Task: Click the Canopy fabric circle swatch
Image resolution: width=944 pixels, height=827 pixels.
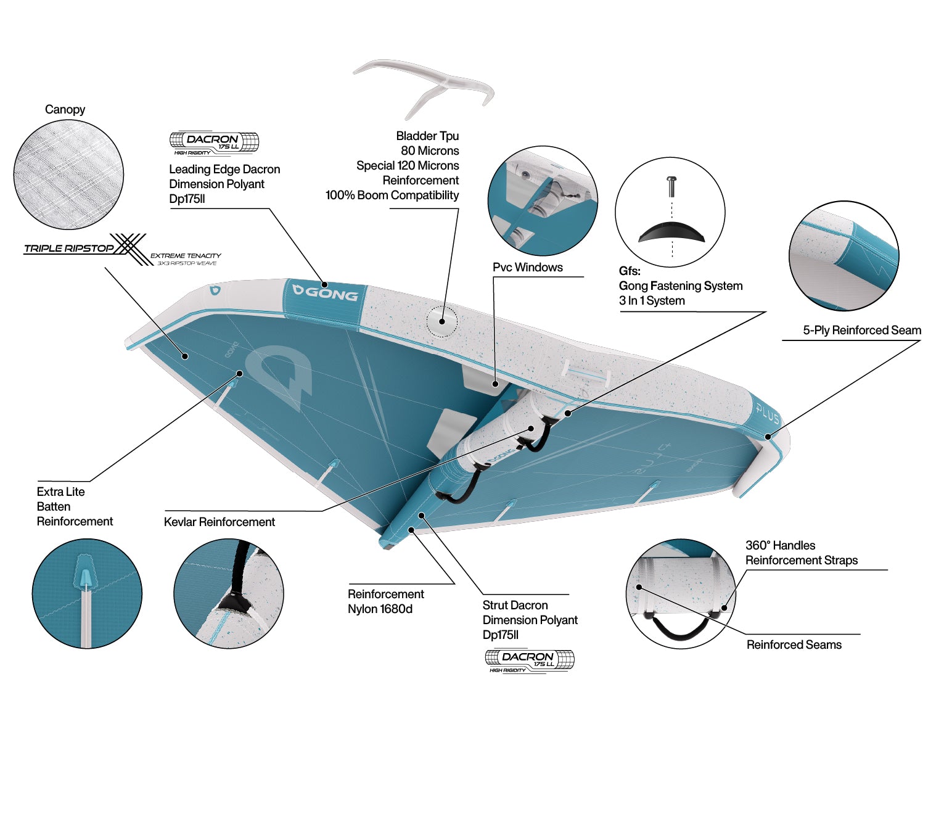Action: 68,174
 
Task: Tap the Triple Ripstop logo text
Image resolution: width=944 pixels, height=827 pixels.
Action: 68,249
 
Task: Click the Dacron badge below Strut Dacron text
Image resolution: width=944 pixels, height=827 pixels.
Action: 530,660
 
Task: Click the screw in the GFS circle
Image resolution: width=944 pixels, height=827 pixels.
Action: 672,186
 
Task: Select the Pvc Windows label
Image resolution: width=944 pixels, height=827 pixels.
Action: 527,267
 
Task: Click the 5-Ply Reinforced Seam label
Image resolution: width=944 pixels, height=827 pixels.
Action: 862,330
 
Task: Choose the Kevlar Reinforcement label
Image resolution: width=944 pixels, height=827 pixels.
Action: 219,522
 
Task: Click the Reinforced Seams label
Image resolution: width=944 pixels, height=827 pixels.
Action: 794,644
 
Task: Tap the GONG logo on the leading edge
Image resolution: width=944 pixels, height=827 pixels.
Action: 326,294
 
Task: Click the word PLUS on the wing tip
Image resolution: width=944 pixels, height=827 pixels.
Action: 768,413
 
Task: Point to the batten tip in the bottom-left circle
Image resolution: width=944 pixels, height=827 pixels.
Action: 85,578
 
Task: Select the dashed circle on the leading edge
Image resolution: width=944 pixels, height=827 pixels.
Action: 442,322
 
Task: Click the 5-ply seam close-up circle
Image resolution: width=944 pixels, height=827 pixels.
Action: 844,256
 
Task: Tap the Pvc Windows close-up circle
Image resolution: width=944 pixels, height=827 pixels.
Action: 543,201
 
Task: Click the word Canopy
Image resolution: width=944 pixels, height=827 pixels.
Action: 65,109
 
